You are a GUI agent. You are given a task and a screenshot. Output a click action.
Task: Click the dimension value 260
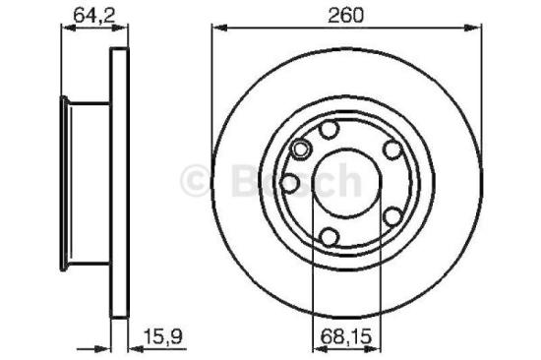point(346,14)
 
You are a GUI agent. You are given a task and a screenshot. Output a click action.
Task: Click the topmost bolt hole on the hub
point(331,131)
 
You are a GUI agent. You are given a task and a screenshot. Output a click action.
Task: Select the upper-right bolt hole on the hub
point(391,150)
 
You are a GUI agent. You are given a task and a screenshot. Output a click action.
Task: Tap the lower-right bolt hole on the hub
point(391,215)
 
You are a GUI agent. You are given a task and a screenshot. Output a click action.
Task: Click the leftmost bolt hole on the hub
point(289,183)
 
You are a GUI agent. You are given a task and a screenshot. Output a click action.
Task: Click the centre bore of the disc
point(345,183)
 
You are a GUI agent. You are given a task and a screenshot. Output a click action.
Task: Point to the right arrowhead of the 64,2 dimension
point(124,30)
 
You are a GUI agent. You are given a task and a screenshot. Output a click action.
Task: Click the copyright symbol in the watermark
point(195,180)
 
